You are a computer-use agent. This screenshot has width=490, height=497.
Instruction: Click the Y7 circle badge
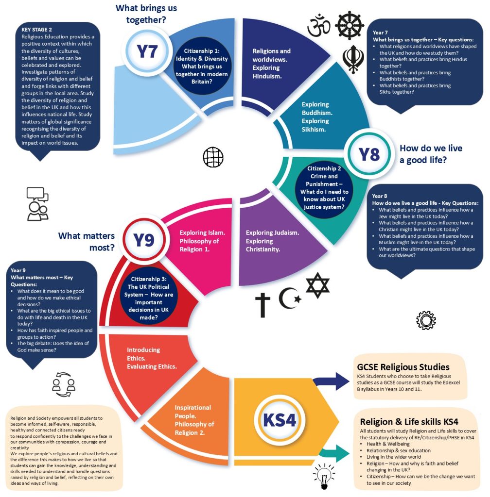pyautogui.click(x=146, y=51)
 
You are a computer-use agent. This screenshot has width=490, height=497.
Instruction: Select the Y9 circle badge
pyautogui.click(x=143, y=239)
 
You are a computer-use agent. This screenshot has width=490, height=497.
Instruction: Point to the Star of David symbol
pyautogui.click(x=317, y=286)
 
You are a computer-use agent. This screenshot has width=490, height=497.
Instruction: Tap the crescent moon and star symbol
pyautogui.click(x=289, y=298)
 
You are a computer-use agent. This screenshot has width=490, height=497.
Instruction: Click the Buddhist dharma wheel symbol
pyautogui.click(x=350, y=25)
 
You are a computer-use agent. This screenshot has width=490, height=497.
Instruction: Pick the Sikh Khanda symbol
pyautogui.click(x=353, y=59)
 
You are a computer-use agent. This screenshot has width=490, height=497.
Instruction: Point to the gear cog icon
pyautogui.click(x=426, y=320)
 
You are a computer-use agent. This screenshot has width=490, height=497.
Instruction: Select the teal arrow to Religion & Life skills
pyautogui.click(x=335, y=454)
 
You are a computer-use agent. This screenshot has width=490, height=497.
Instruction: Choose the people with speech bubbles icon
pyautogui.click(x=37, y=204)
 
